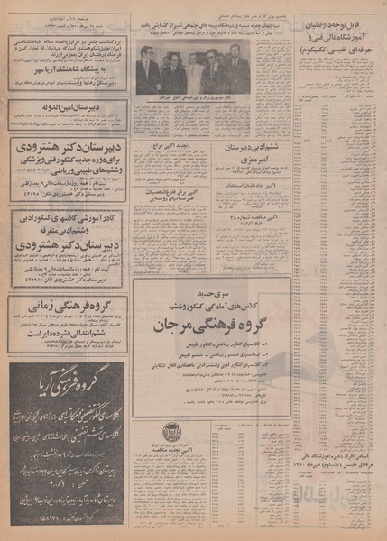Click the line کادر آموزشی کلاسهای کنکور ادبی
[x=63, y=217]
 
